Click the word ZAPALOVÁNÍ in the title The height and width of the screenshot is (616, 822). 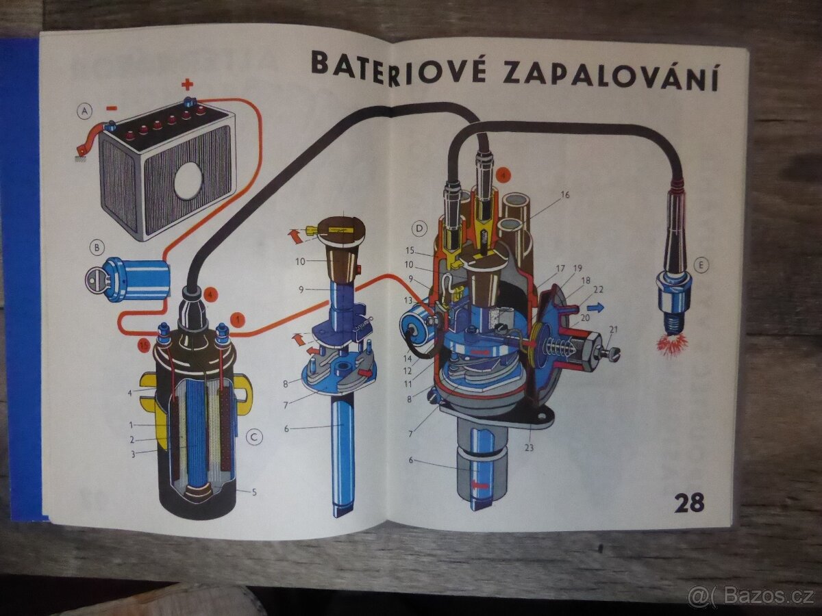[610, 73]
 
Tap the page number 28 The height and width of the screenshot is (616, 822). [688, 502]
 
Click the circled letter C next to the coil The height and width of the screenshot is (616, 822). [254, 437]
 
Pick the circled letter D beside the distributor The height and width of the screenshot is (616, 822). [418, 227]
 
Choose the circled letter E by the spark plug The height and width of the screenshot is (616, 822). [701, 265]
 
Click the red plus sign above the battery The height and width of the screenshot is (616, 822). [187, 84]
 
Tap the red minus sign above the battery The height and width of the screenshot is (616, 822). [112, 107]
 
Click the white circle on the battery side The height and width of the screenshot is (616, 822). [188, 180]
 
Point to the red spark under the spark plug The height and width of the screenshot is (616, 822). [672, 344]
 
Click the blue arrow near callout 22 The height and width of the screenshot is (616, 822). [595, 308]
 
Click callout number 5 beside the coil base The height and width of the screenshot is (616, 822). [253, 491]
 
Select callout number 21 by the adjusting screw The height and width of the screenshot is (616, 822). [613, 330]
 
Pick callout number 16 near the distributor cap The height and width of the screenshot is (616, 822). [564, 194]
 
